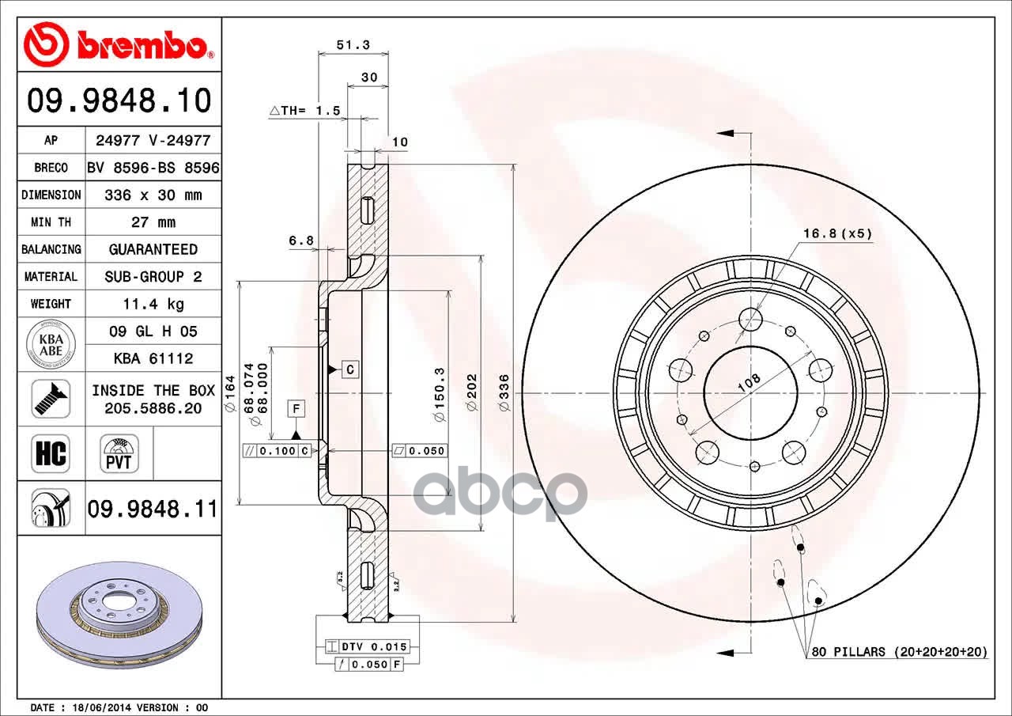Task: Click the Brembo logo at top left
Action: (119, 45)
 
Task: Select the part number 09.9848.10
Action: (119, 100)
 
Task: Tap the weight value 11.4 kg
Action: (153, 304)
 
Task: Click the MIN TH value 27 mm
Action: (153, 222)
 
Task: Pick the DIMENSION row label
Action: (51, 195)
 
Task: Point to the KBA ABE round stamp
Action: (51, 344)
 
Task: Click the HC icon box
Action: (51, 454)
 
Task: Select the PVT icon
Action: (119, 454)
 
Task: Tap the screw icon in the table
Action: (51, 399)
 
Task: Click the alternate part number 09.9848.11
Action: (153, 509)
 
